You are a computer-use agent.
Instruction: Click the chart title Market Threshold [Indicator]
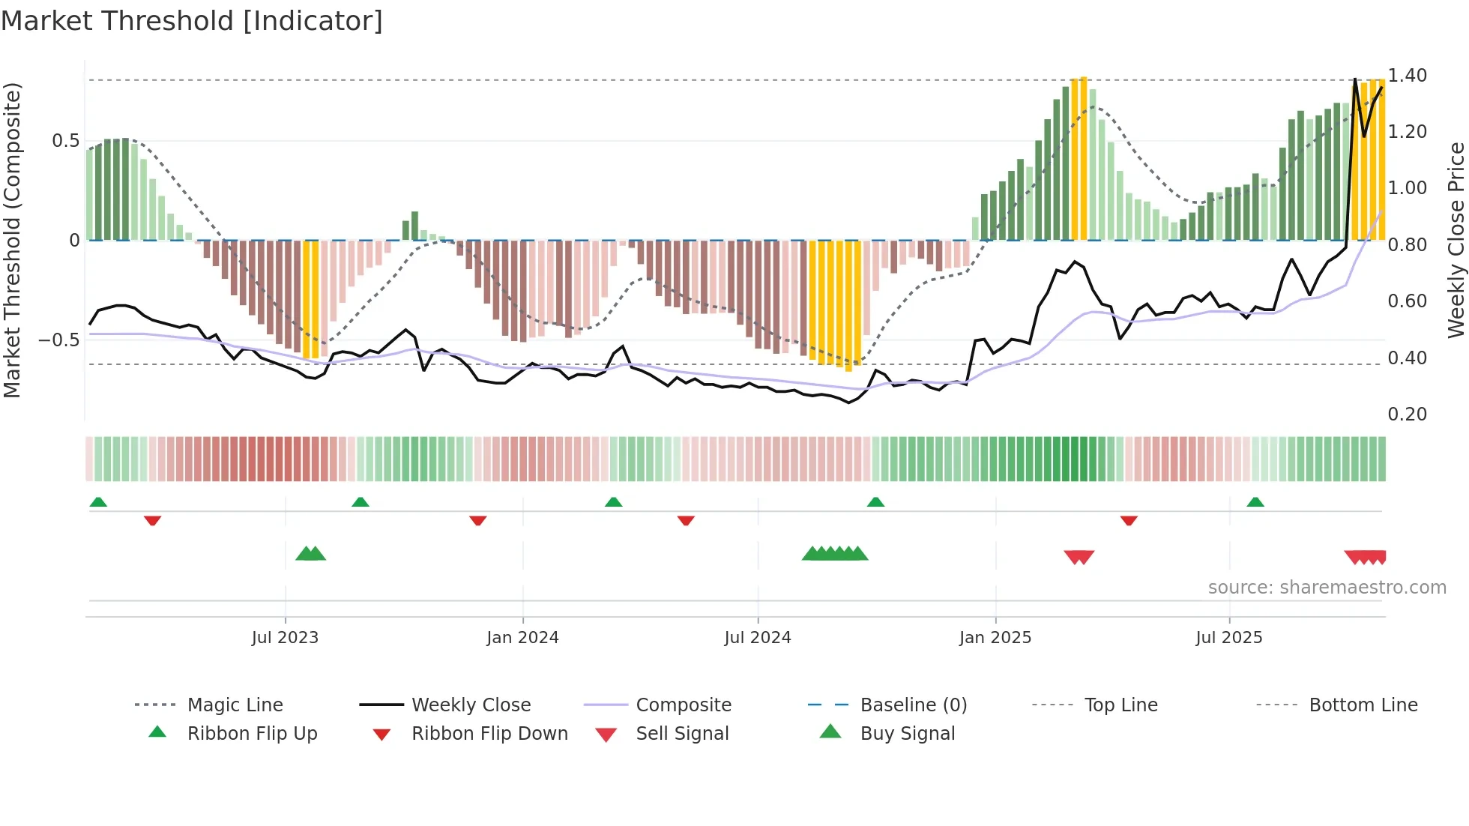click(x=192, y=21)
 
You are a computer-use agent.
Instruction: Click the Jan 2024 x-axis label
click(x=522, y=638)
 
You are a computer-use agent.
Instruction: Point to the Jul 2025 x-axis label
click(x=1228, y=638)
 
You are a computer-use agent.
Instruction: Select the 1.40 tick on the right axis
click(x=1407, y=76)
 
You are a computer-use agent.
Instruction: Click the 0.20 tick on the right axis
click(x=1407, y=414)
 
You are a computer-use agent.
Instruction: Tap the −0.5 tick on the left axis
click(x=59, y=340)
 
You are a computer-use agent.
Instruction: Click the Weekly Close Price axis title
click(x=1456, y=240)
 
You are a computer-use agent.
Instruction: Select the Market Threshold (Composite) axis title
click(x=12, y=240)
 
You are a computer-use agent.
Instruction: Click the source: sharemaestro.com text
click(x=1327, y=588)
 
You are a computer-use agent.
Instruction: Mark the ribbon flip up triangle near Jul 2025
click(x=1255, y=502)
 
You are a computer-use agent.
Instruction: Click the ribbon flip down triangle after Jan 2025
click(x=1129, y=520)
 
